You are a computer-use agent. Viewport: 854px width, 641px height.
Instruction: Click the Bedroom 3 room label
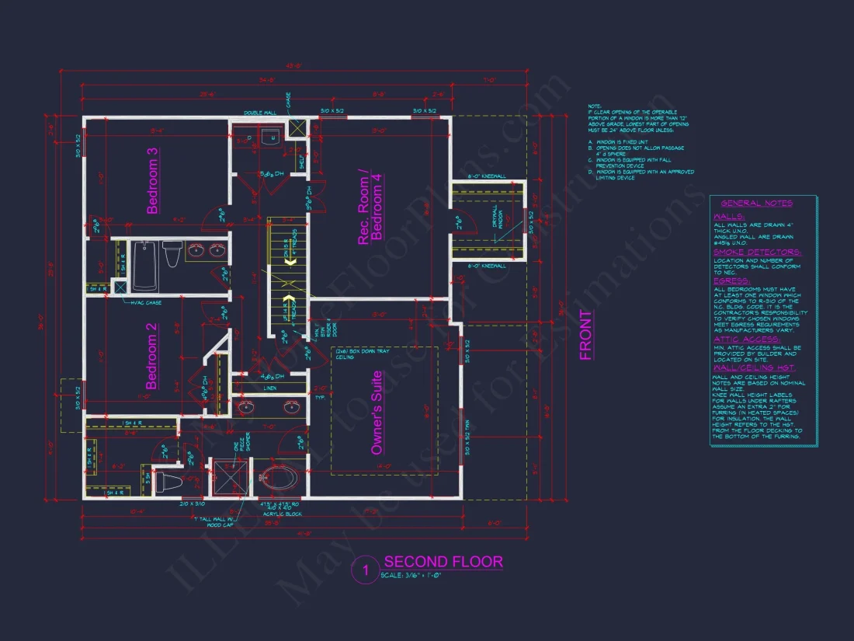[x=153, y=180]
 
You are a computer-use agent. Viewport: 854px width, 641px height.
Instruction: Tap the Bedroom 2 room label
[x=153, y=357]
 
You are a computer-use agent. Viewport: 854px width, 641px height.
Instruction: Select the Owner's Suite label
[x=377, y=413]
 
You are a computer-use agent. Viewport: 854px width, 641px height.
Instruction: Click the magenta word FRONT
[x=586, y=336]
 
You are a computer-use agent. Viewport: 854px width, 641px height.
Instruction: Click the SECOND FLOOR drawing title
[x=443, y=562]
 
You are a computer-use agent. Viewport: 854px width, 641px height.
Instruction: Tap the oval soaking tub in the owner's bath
[x=278, y=478]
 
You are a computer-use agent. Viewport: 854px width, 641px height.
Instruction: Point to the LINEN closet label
[x=270, y=387]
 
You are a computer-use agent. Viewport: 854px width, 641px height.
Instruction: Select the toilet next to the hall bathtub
[x=172, y=253]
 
